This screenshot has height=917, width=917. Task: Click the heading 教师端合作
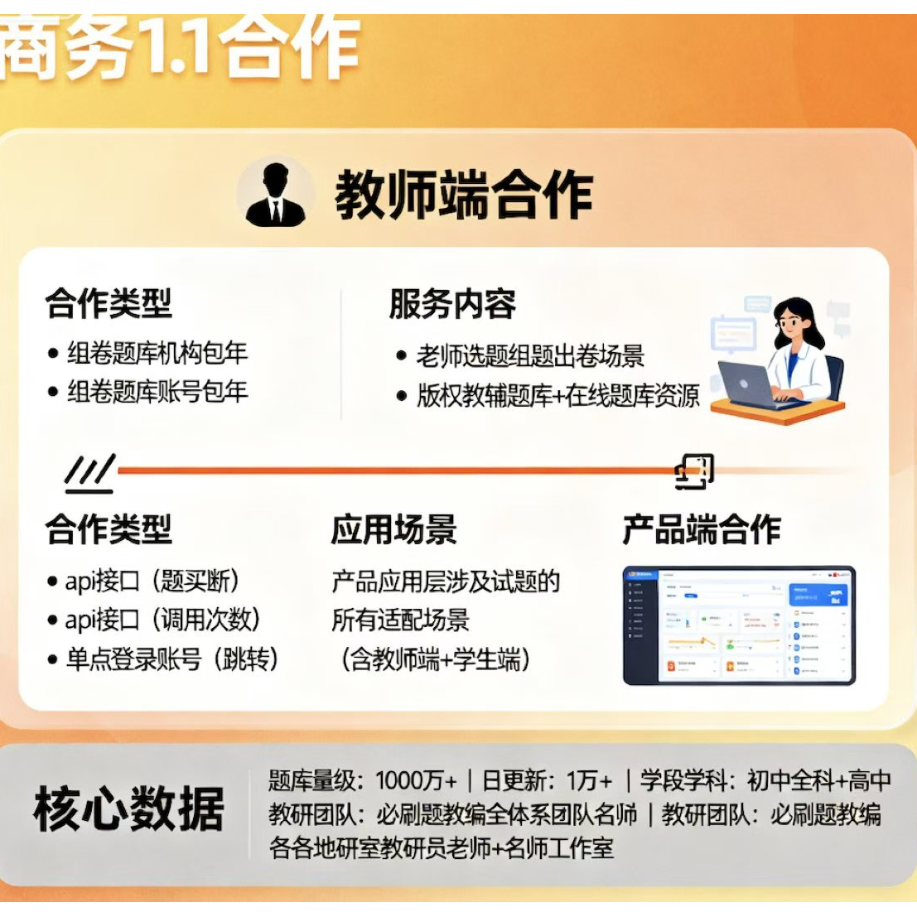(x=464, y=195)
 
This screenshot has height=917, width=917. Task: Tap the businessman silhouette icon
(x=275, y=195)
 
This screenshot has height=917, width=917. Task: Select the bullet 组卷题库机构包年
(x=157, y=354)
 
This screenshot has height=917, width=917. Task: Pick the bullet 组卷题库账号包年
(x=157, y=391)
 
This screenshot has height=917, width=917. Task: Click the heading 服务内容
(x=452, y=304)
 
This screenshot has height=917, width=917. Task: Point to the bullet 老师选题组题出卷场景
(x=530, y=356)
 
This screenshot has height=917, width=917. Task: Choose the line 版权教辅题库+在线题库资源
(x=557, y=395)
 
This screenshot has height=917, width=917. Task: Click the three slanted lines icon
(x=89, y=473)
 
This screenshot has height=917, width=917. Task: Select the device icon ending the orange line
(x=694, y=471)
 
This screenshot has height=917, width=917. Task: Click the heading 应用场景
(x=394, y=529)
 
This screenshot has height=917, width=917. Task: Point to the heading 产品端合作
(x=702, y=529)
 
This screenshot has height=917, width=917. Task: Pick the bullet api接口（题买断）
(x=153, y=582)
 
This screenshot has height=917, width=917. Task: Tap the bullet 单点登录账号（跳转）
(x=172, y=659)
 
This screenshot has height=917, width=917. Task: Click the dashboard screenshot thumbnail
(x=738, y=625)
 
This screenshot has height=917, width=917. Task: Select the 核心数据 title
(x=129, y=808)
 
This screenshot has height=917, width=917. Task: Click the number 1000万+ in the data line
(x=416, y=780)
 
